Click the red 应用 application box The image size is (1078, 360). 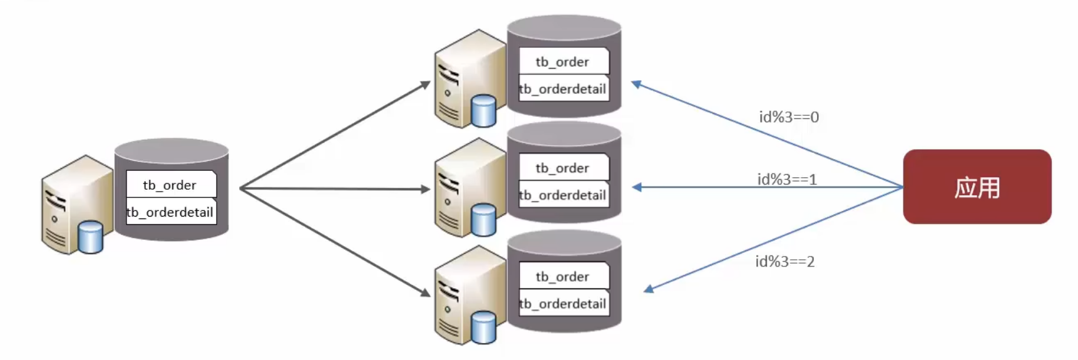pyautogui.click(x=977, y=187)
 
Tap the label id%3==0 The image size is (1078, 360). pyautogui.click(x=789, y=117)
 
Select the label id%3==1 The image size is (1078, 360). pyautogui.click(x=787, y=180)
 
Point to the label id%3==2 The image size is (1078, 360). pyautogui.click(x=784, y=262)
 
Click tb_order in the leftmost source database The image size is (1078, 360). pyautogui.click(x=170, y=185)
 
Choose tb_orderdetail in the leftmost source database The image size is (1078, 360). pyautogui.click(x=170, y=212)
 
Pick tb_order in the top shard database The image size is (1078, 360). pyautogui.click(x=563, y=61)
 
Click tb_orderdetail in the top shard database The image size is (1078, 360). pyautogui.click(x=563, y=89)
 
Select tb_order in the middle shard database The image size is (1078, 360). pyautogui.click(x=563, y=168)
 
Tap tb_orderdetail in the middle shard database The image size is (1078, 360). pyautogui.click(x=563, y=195)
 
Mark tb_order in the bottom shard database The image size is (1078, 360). pyautogui.click(x=563, y=276)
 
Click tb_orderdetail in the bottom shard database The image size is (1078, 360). pyautogui.click(x=563, y=304)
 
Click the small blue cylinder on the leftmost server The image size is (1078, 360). pyautogui.click(x=90, y=237)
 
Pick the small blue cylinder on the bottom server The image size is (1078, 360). pyautogui.click(x=483, y=327)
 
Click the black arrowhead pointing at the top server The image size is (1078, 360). pyautogui.click(x=425, y=84)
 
